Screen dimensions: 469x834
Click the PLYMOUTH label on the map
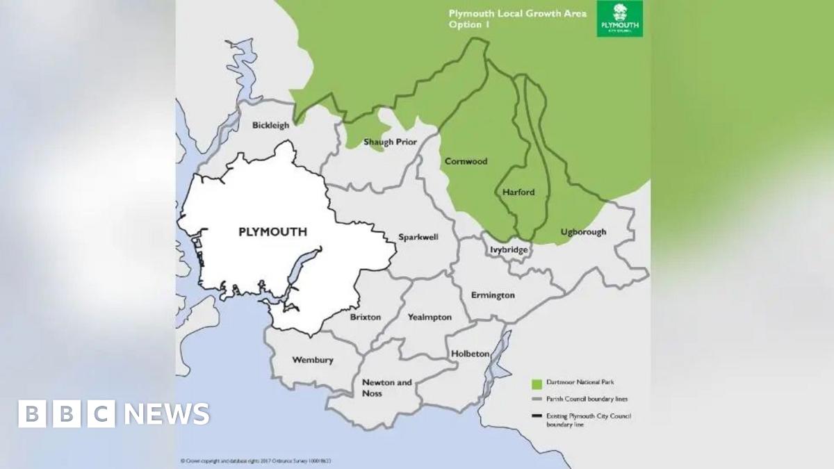[x=272, y=232]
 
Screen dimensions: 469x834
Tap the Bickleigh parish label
[x=270, y=126]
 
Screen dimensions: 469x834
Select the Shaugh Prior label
[x=390, y=142]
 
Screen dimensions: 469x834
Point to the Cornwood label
[x=466, y=161]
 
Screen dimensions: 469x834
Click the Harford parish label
[x=518, y=192]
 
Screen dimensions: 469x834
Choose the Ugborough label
[x=583, y=232]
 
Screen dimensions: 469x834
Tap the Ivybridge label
[x=509, y=249]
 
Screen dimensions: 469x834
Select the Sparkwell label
[x=418, y=237]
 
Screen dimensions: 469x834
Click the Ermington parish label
[x=493, y=295]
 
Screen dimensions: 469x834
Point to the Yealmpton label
[x=429, y=318]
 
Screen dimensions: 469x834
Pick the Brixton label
[x=365, y=317]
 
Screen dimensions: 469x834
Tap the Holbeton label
[x=471, y=354]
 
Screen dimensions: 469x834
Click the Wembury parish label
[x=312, y=360]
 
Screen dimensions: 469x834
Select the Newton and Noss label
[x=386, y=388]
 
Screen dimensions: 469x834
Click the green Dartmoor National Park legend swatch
[x=535, y=383]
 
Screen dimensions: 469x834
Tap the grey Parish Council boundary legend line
[x=535, y=400]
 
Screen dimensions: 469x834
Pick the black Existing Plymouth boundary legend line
[x=535, y=416]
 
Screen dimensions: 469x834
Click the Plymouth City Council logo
[x=619, y=19]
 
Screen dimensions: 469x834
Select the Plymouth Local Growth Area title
[x=516, y=19]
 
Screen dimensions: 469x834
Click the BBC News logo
[x=113, y=414]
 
